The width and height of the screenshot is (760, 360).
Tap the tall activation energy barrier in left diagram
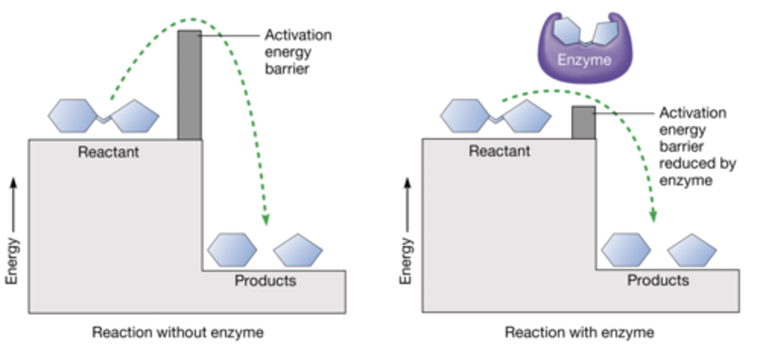click(x=189, y=85)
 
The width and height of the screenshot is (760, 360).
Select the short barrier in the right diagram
click(x=584, y=122)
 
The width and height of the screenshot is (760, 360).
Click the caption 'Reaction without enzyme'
click(x=178, y=333)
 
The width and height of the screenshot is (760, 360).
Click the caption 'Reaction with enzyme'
click(x=579, y=333)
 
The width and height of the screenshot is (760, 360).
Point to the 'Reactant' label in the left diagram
click(x=108, y=152)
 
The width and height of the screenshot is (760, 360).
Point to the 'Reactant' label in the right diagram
click(x=499, y=151)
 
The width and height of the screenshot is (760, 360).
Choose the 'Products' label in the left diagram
click(x=265, y=280)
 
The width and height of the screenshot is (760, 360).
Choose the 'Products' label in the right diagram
click(x=658, y=280)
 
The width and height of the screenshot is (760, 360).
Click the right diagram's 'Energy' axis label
click(x=405, y=260)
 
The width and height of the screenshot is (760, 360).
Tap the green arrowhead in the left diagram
click(x=265, y=219)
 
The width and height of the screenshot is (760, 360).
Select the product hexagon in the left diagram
click(x=232, y=250)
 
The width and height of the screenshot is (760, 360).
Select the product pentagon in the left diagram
click(x=298, y=251)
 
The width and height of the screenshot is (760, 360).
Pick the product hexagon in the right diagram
click(x=626, y=250)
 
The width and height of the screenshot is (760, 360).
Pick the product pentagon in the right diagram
click(x=692, y=250)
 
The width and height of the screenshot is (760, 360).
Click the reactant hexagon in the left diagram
click(x=73, y=116)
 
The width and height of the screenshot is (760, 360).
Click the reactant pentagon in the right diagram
click(x=527, y=116)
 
